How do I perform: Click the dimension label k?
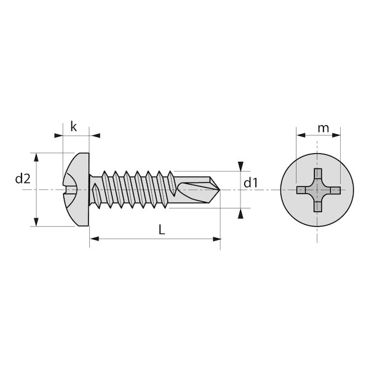(x=74, y=127)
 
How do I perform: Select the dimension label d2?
(x=23, y=178)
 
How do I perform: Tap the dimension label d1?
(x=251, y=183)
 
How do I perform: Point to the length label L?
(x=162, y=229)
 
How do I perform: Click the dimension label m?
(x=323, y=129)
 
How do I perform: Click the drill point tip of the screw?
(x=220, y=189)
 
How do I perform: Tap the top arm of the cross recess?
(x=318, y=174)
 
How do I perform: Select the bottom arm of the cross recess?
(x=318, y=207)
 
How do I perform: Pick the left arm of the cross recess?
(x=301, y=190)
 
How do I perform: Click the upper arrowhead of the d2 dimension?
(x=36, y=157)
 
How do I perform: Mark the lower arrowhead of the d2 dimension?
(x=36, y=222)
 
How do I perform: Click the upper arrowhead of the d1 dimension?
(x=240, y=166)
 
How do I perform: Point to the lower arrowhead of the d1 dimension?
(x=240, y=214)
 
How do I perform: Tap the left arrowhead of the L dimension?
(x=94, y=239)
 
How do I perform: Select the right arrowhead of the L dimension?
(x=216, y=239)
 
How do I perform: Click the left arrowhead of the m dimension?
(x=301, y=135)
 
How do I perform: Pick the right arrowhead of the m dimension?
(x=336, y=135)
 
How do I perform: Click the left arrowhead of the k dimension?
(x=58, y=135)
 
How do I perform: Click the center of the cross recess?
(x=318, y=190)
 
